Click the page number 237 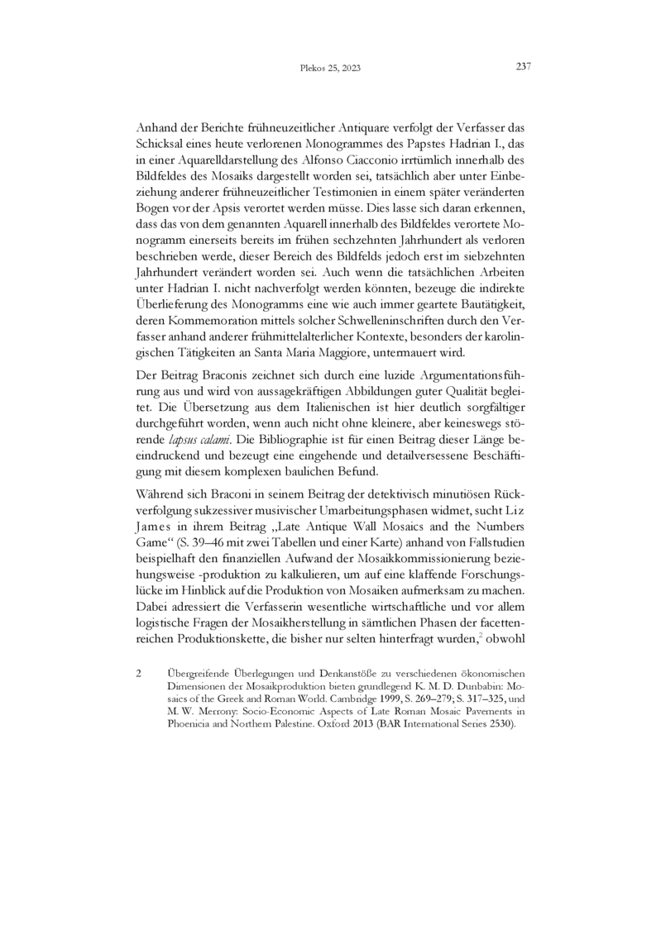[x=523, y=67]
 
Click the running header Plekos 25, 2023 [x=329, y=69]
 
